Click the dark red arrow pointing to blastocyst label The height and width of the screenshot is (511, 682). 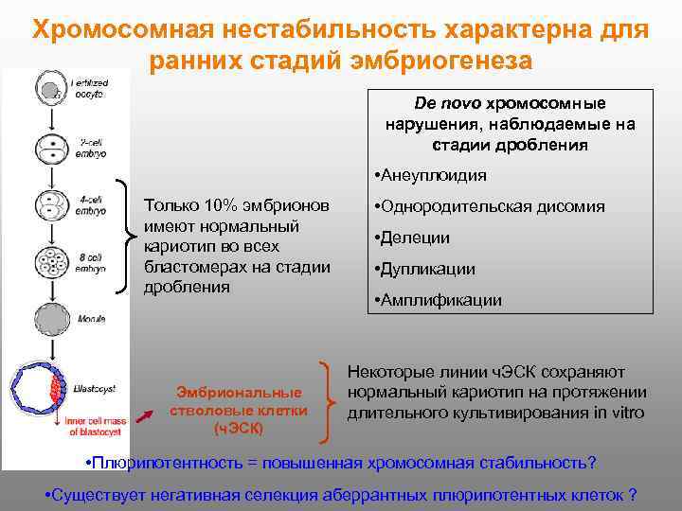[145, 413]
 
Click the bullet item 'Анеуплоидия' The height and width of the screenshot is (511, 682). [431, 175]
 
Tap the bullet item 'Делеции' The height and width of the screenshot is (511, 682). [413, 238]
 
